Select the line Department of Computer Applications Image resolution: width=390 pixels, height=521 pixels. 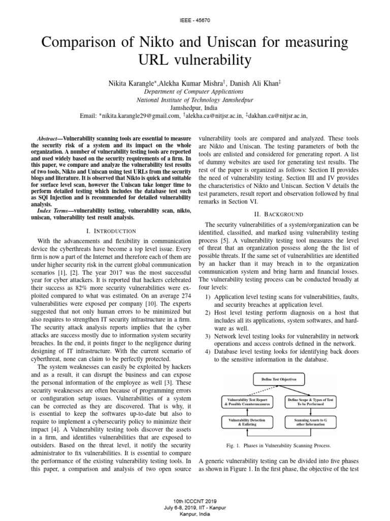tap(195, 92)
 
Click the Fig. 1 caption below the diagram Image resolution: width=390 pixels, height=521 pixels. tap(280, 446)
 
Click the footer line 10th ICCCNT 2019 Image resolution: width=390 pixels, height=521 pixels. tap(195, 501)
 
